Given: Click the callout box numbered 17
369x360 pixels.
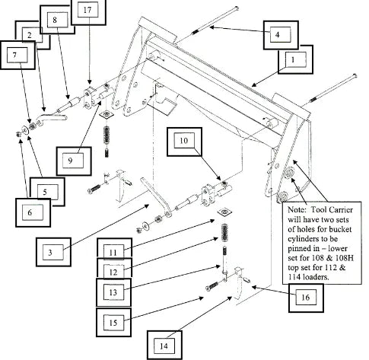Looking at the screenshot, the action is [x=87, y=12].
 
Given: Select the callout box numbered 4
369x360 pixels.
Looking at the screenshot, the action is [x=281, y=35].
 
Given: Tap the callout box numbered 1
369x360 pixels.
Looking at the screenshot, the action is [x=295, y=60].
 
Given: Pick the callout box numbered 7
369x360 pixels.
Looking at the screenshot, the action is [x=17, y=55].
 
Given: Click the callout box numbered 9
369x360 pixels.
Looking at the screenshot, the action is [x=74, y=161].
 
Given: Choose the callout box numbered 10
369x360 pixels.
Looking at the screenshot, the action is [x=184, y=142].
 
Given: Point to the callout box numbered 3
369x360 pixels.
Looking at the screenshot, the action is [x=53, y=252].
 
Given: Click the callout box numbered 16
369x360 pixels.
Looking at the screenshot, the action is [x=306, y=298].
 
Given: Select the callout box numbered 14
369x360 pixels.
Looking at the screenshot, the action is [x=164, y=345].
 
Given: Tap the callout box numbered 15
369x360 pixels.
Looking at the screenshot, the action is [x=113, y=323].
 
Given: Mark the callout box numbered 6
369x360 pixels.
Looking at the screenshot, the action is [x=33, y=212].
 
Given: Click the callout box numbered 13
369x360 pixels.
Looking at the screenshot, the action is [x=113, y=292].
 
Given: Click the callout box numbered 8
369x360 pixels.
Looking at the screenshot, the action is [x=57, y=20].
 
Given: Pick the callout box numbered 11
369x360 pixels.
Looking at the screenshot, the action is [x=115, y=249].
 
